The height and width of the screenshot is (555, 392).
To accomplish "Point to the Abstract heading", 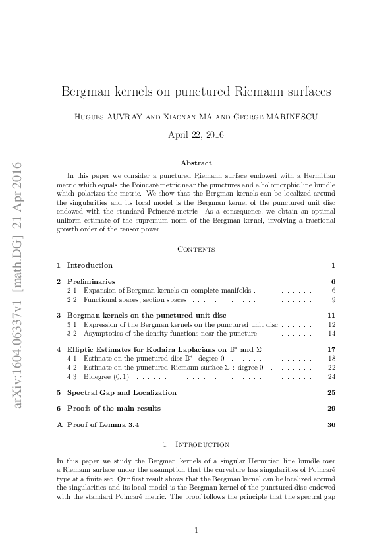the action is [196, 163].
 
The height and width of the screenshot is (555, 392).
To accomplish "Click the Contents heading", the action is [196, 248].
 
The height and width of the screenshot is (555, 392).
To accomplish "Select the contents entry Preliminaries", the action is [91, 281].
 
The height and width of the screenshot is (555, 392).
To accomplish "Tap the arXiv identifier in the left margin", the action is [18, 283].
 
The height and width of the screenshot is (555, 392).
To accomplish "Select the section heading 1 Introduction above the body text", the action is [196, 445].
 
